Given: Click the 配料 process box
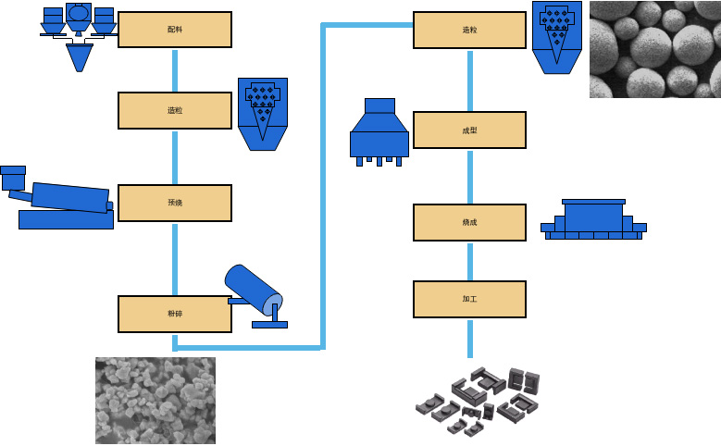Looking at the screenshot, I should tap(174, 30).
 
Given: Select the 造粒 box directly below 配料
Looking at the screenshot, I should tap(174, 110).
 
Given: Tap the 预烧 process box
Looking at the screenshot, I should tap(174, 203).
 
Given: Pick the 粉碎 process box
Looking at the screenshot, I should tap(174, 314).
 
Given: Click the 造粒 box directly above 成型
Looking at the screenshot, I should tap(469, 30).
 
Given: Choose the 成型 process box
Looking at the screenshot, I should tap(469, 130).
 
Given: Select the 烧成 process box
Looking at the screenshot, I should tap(469, 222).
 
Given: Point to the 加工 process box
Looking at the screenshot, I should tap(469, 299).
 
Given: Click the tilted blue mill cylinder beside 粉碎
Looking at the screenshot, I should tap(255, 292).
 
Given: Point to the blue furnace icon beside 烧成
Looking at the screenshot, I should tap(593, 220).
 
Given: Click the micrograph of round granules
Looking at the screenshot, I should tap(654, 49).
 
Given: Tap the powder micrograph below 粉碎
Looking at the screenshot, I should tap(155, 401).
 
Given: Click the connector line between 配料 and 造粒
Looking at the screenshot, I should tap(174, 69).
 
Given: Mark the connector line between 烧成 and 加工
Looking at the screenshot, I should tap(469, 261).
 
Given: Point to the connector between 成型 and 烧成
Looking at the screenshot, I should tap(469, 176).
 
